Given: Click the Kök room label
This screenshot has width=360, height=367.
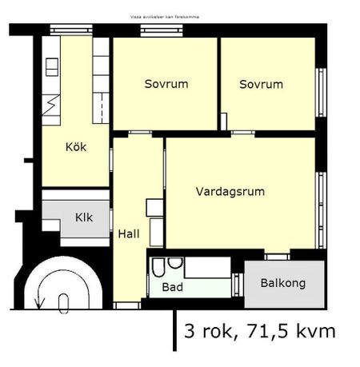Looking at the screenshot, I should pos(76,147).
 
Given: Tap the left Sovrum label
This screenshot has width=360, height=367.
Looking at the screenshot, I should pos(166,84).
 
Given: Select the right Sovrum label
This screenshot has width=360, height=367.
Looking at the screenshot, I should pos(261,84).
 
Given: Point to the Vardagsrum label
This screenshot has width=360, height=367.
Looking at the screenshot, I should pos(230,192).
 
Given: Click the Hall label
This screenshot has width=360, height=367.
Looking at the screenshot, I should pos(129,234).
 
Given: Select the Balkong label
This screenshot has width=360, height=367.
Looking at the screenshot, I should pos(282,284).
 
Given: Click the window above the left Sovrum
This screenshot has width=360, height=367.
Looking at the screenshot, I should pos(154,30).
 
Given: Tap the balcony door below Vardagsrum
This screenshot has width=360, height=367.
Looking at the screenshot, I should pos(277,256).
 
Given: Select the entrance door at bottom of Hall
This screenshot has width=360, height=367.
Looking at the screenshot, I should pos(127,305).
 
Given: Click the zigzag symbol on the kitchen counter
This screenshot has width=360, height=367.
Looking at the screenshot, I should pos(50,104).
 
